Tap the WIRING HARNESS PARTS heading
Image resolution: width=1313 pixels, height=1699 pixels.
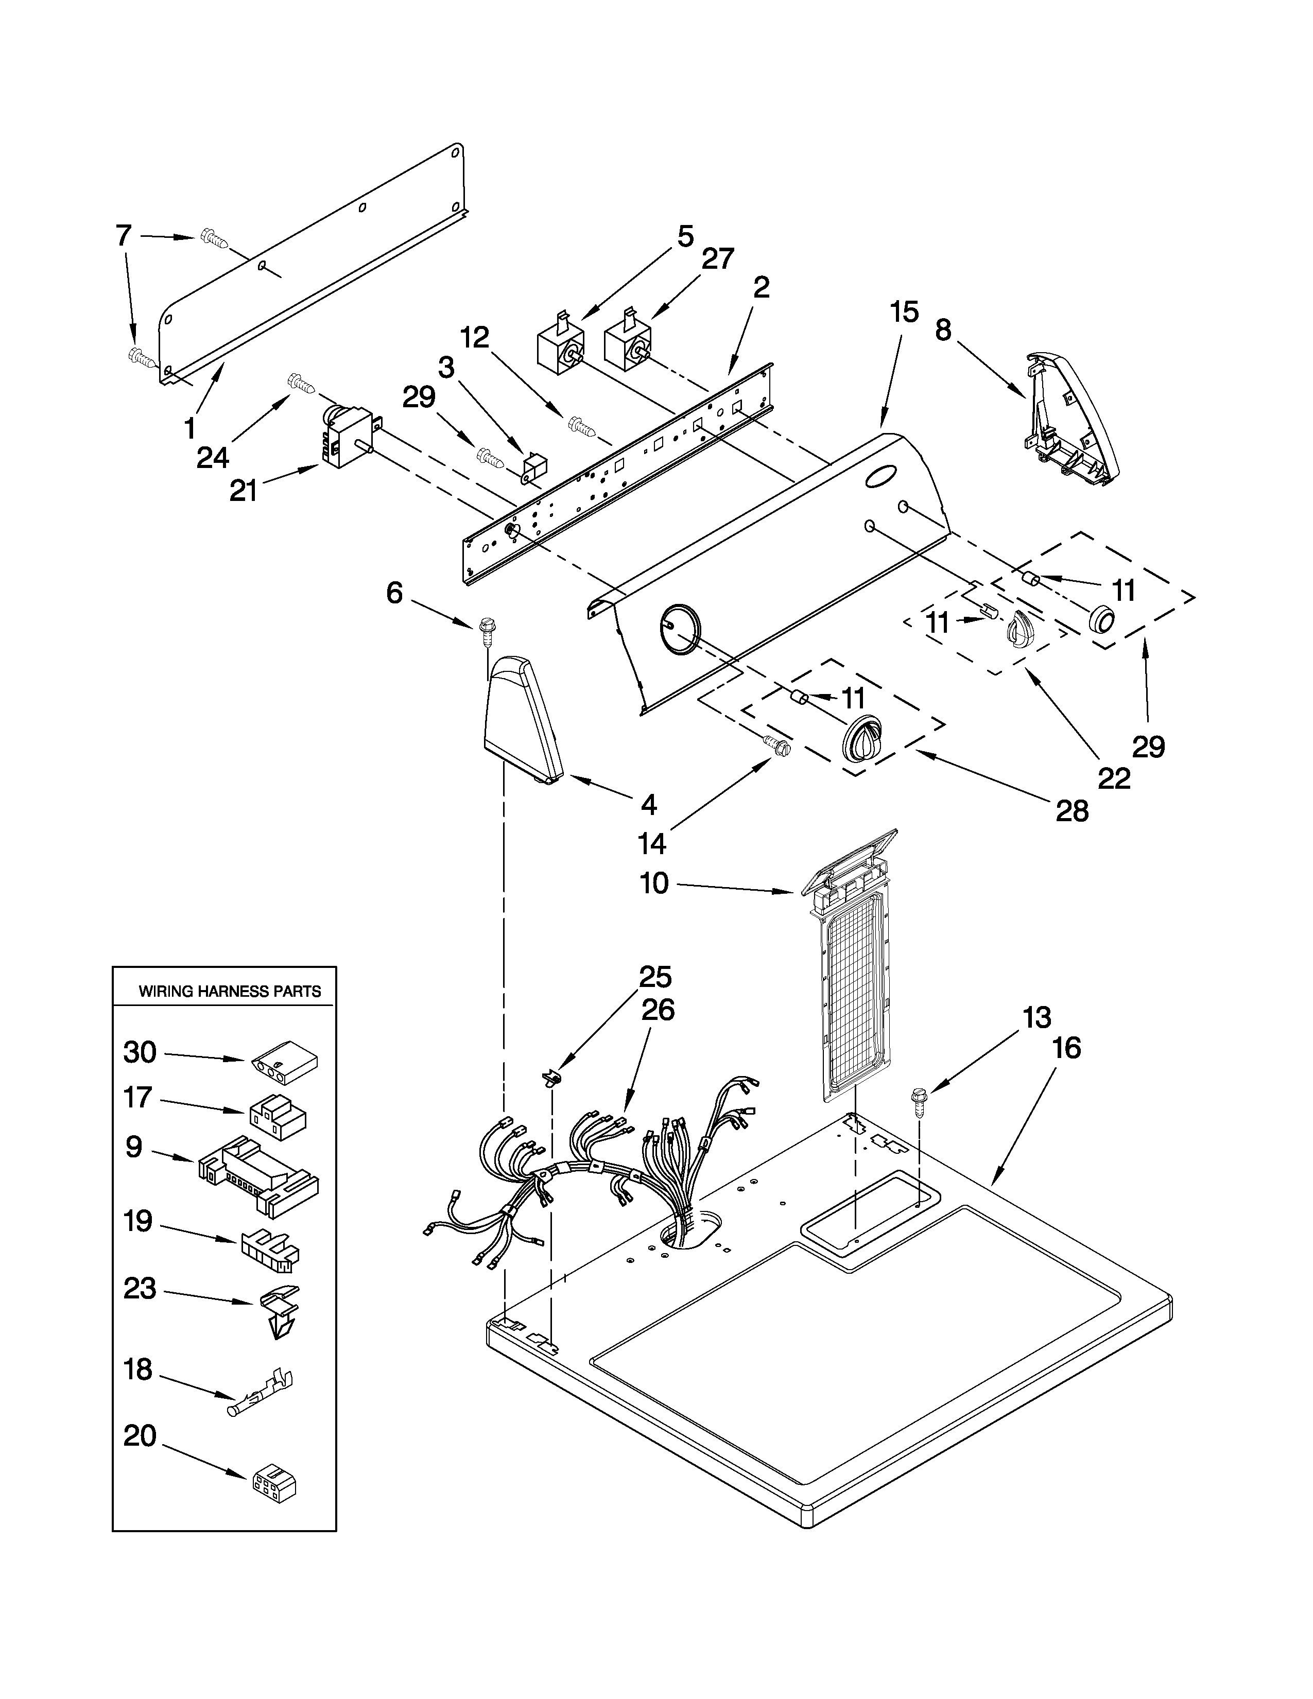click(230, 991)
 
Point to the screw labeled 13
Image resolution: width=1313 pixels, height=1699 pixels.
click(920, 1102)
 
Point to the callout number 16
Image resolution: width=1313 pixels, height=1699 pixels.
click(1066, 1048)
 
